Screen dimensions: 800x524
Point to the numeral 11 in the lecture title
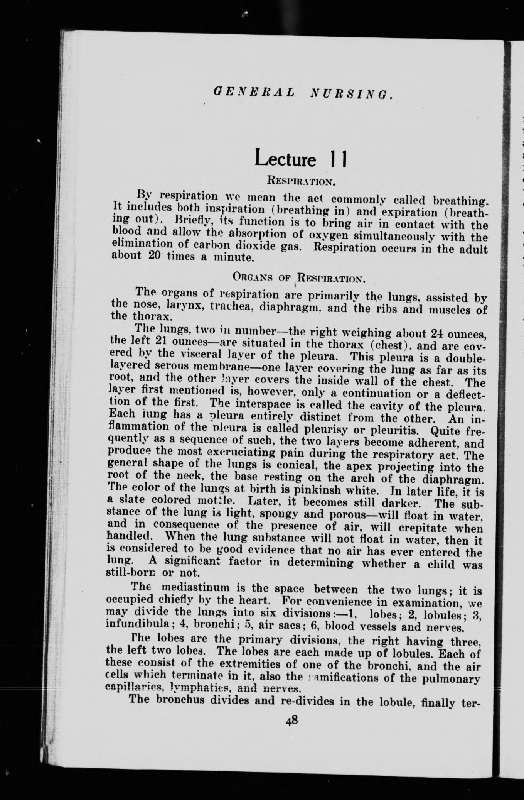339,158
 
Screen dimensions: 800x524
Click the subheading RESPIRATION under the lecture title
301,180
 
